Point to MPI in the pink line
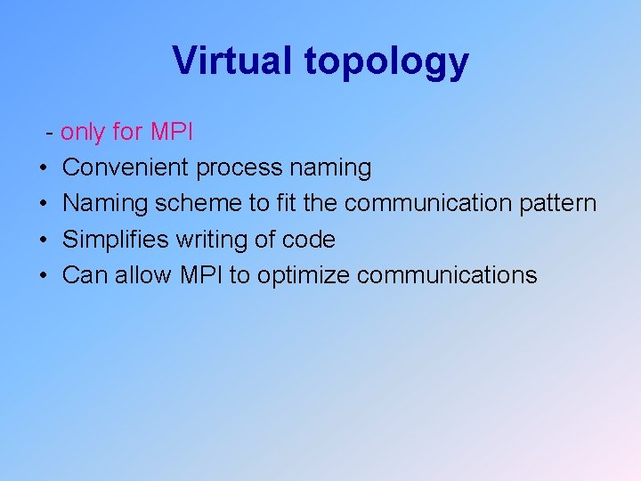point(171,133)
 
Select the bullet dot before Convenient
point(44,168)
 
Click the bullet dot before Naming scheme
point(44,204)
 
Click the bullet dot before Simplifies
point(44,240)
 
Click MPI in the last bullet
point(202,275)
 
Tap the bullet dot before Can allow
point(44,275)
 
